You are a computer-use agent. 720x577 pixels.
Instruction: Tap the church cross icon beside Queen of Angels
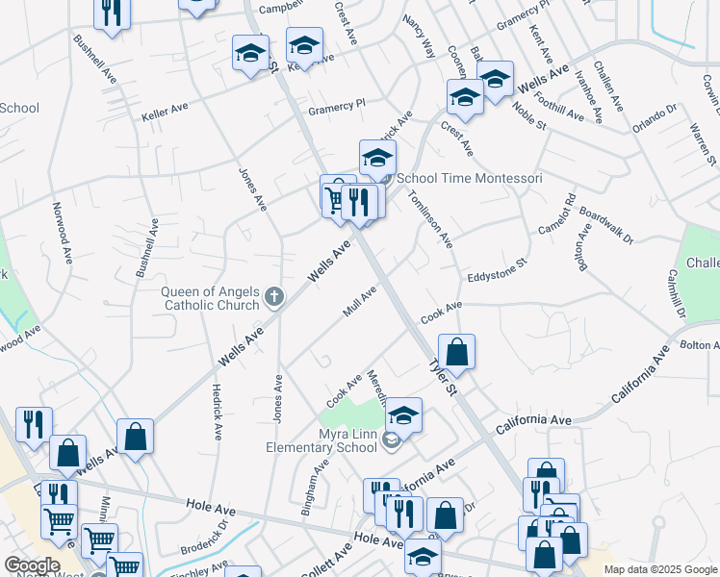click(274, 296)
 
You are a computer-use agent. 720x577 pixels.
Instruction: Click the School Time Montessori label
click(470, 178)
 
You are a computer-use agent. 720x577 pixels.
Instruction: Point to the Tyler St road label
click(441, 374)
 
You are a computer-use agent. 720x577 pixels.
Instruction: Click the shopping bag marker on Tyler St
click(457, 352)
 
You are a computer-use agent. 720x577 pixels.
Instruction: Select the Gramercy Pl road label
click(337, 106)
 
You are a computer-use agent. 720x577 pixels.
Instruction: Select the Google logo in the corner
click(32, 565)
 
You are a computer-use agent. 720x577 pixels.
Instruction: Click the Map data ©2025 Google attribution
click(660, 569)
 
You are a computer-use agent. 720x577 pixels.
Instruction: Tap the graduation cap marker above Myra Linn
click(404, 414)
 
